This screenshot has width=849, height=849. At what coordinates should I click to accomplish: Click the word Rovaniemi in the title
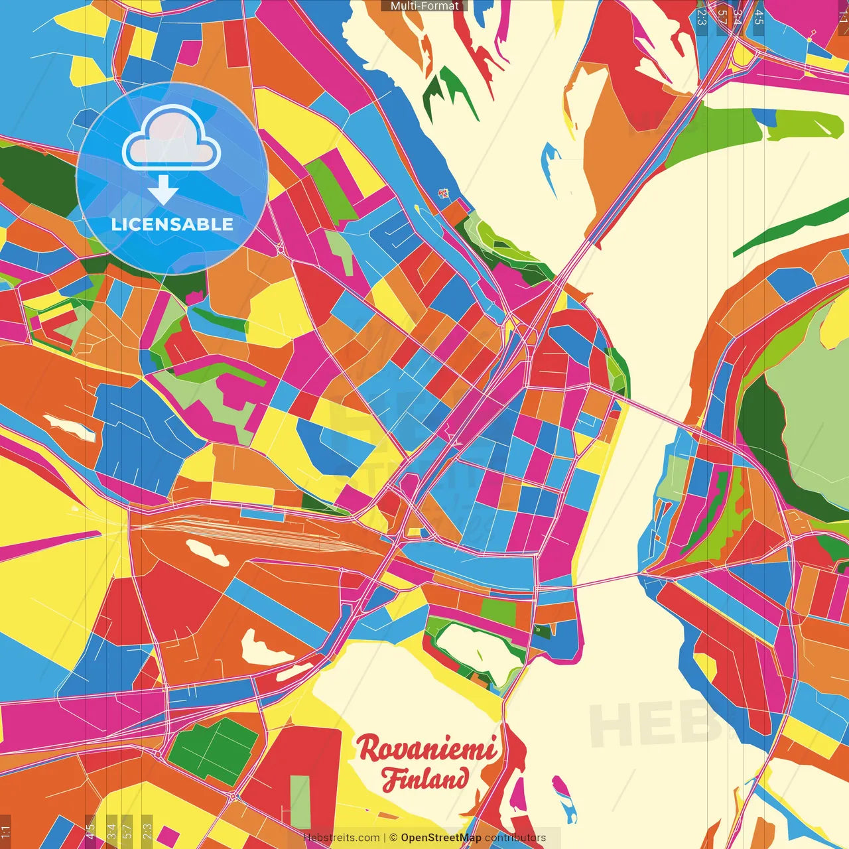pyautogui.click(x=426, y=750)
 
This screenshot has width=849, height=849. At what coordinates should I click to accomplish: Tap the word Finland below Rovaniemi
pyautogui.click(x=425, y=779)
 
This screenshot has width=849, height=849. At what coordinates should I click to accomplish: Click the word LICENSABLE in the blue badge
pyautogui.click(x=172, y=224)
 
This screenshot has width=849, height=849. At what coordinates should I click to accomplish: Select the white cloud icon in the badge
pyautogui.click(x=170, y=141)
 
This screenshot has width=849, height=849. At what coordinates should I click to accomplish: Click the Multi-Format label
pyautogui.click(x=424, y=6)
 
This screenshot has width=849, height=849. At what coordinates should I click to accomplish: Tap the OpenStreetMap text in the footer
pyautogui.click(x=440, y=838)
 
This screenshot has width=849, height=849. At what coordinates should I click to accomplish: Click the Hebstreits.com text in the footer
pyautogui.click(x=341, y=838)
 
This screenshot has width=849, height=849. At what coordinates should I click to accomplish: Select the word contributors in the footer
pyautogui.click(x=515, y=838)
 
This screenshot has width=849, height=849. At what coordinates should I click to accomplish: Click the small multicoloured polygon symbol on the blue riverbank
pyautogui.click(x=443, y=194)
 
